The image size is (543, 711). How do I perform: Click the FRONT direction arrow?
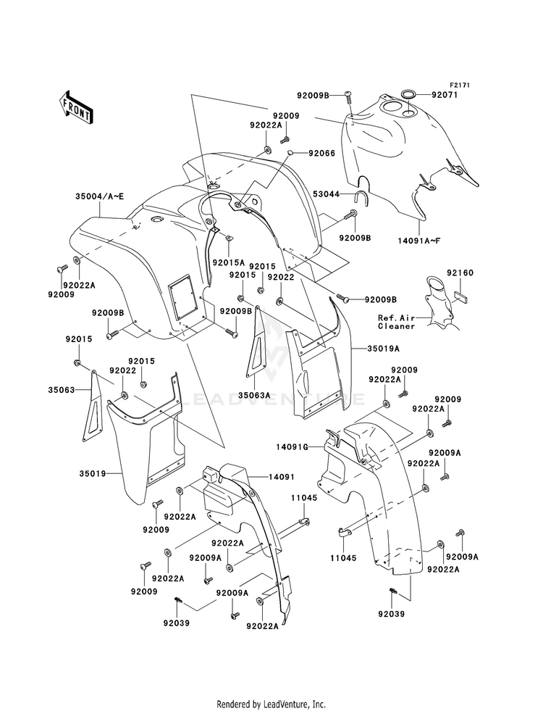pyautogui.click(x=76, y=108)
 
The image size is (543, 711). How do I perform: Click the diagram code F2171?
pyautogui.click(x=458, y=85)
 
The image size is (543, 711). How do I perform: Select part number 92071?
pyautogui.click(x=445, y=95)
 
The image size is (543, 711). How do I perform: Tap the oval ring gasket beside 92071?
pyautogui.click(x=410, y=95)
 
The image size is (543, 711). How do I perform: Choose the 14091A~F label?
pyautogui.click(x=420, y=240)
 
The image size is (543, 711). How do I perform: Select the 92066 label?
pyautogui.click(x=322, y=153)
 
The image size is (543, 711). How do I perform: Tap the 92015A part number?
pyautogui.click(x=228, y=262)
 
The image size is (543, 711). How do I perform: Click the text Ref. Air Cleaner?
pyautogui.click(x=396, y=322)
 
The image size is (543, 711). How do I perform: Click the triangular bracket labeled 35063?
pyautogui.click(x=93, y=406)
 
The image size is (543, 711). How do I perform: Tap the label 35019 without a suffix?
pyautogui.click(x=93, y=474)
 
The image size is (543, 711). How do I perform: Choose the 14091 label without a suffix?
pyautogui.click(x=282, y=477)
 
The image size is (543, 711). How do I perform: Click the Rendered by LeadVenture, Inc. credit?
pyautogui.click(x=271, y=704)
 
